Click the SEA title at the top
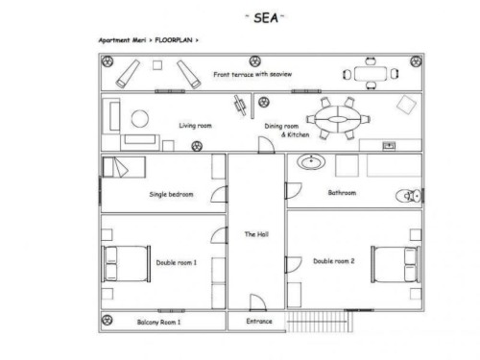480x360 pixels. [265, 18]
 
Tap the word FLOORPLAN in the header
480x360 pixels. [174, 40]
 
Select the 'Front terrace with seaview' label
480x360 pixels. [252, 74]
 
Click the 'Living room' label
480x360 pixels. [195, 126]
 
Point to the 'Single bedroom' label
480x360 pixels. [171, 194]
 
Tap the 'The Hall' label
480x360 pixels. [256, 234]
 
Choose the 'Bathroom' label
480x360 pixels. [342, 193]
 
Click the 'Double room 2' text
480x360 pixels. [334, 261]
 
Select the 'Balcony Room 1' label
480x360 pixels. [158, 322]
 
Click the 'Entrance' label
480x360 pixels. [259, 321]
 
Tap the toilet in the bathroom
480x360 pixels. [408, 196]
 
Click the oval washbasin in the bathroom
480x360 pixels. [311, 161]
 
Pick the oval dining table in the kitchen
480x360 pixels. [338, 119]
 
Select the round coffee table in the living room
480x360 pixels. [140, 118]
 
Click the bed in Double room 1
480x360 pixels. [126, 264]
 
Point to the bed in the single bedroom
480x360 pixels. [124, 167]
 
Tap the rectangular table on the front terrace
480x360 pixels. [371, 74]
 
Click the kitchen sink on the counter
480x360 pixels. [389, 146]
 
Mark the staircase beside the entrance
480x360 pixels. [319, 321]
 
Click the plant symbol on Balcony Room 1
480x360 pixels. [107, 320]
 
